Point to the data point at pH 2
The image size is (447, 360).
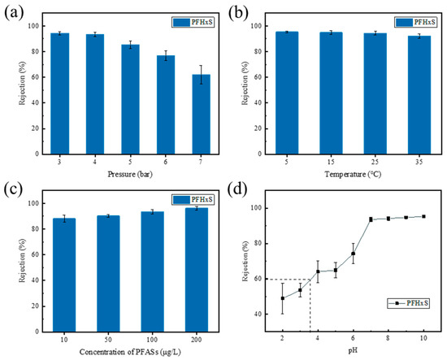282,298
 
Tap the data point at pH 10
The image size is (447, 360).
423,216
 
